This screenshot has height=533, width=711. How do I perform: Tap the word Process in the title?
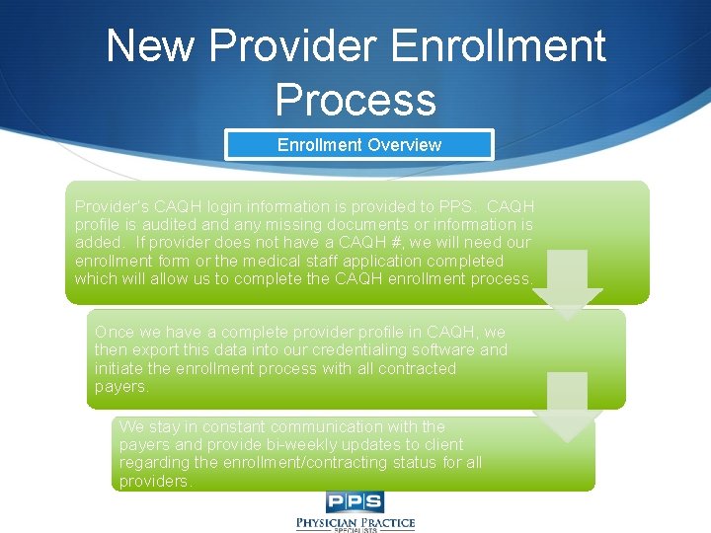pyautogui.click(x=355, y=100)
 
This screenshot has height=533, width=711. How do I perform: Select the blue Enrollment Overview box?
pyautogui.click(x=358, y=145)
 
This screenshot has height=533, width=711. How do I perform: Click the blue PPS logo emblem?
pyautogui.click(x=355, y=501)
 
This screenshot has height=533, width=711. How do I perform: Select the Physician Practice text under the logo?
pyautogui.click(x=355, y=522)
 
